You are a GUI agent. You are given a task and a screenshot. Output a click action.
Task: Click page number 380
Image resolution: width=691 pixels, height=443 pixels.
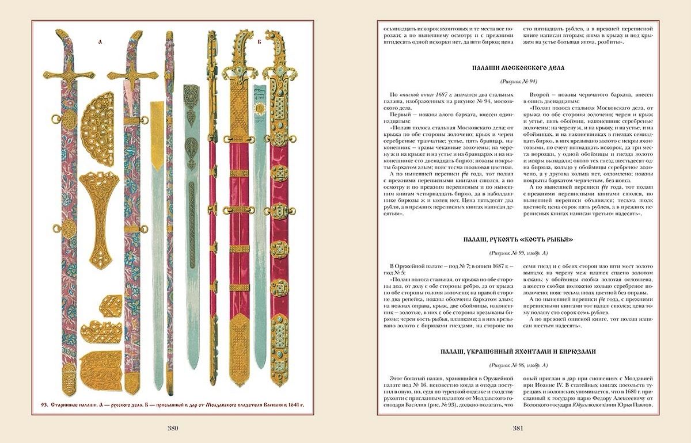coord(173,428)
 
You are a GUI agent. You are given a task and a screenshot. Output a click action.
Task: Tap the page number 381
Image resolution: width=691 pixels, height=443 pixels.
coord(518,428)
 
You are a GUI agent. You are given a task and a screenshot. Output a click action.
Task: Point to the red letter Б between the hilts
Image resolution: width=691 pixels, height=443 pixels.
coord(259,42)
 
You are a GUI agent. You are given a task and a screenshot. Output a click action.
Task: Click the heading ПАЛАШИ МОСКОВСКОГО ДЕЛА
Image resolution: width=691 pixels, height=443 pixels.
coord(518,68)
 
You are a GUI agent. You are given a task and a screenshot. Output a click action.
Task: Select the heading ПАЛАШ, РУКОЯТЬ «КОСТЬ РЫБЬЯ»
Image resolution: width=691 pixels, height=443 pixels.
coord(518,239)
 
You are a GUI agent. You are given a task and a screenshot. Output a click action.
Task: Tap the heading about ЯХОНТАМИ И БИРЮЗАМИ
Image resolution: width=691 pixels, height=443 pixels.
coord(518,352)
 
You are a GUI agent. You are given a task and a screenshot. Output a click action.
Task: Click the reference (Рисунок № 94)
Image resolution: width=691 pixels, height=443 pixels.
coord(518,82)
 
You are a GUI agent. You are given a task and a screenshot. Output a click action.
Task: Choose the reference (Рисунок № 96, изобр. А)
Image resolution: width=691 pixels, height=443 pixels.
coord(518,365)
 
